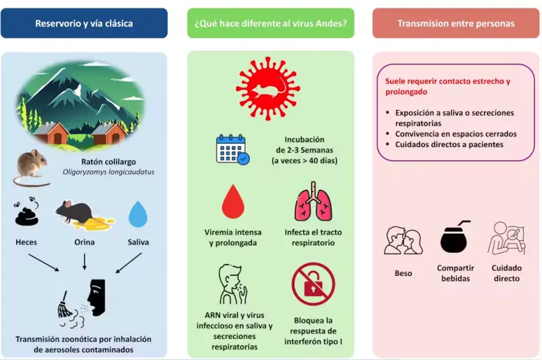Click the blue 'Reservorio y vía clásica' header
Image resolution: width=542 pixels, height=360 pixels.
[84, 23]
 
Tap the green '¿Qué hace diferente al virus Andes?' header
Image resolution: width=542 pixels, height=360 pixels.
[271, 23]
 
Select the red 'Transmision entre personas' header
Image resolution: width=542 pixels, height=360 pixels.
[456, 23]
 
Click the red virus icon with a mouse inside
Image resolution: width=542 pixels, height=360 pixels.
[268, 89]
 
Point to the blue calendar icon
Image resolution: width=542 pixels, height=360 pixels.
[232, 149]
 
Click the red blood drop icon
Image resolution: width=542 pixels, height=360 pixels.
[233, 202]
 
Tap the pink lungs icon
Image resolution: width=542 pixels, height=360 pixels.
[313, 202]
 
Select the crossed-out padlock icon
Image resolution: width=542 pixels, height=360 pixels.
[313, 284]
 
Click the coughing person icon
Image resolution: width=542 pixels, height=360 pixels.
[233, 284]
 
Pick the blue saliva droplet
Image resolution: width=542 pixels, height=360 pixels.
[138, 214]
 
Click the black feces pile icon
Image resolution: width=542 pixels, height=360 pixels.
[26, 212]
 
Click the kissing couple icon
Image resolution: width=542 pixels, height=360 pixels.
[403, 241]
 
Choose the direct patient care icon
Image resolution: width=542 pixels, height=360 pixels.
[507, 239]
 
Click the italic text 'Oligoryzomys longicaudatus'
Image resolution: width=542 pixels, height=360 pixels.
[109, 172]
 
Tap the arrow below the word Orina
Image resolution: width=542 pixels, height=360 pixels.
[85, 262]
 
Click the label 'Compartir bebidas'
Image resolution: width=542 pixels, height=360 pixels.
[455, 273]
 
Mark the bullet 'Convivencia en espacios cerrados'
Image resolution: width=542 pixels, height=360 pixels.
[456, 134]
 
